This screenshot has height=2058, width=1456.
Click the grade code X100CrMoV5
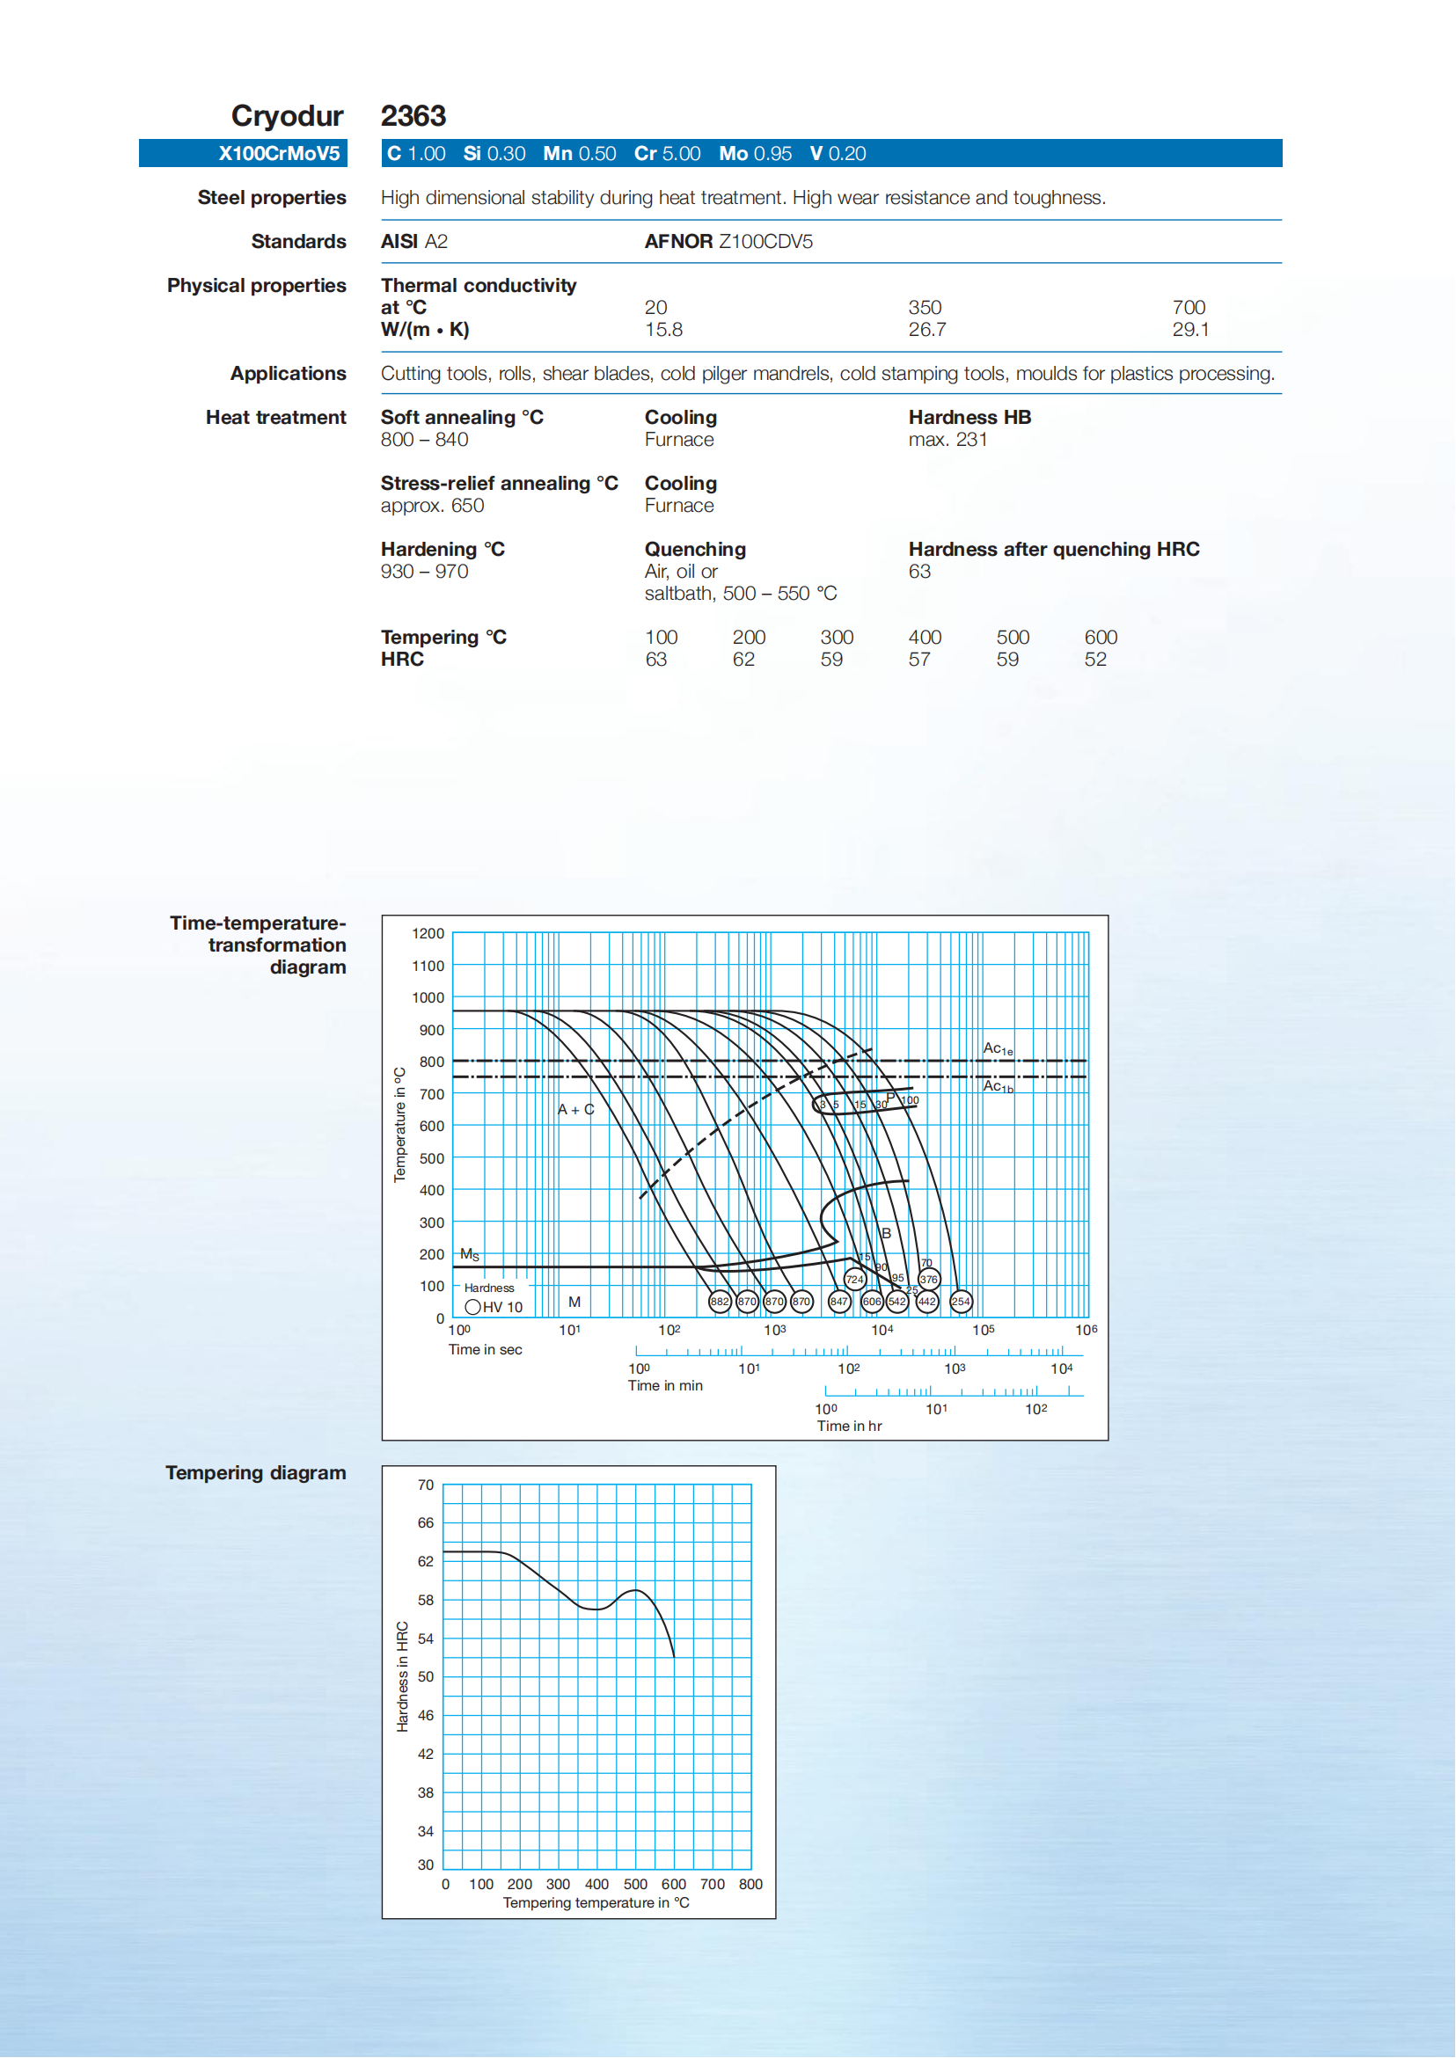[x=279, y=153]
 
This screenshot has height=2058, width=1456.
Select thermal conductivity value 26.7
[x=926, y=329]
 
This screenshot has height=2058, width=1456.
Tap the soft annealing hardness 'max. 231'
[x=947, y=439]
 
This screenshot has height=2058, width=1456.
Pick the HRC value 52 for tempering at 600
[x=1094, y=659]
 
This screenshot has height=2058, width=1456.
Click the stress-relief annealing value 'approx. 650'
[x=432, y=506]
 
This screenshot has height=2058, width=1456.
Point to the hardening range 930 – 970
[x=424, y=571]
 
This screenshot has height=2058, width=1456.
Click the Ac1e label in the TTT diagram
[x=998, y=1047]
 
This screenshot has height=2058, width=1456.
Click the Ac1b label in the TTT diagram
[x=998, y=1086]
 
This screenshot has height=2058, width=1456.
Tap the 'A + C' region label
[x=575, y=1109]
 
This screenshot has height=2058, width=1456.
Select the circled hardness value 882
[x=719, y=1301]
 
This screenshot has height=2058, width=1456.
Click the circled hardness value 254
[x=960, y=1301]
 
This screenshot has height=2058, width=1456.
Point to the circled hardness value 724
[x=854, y=1279]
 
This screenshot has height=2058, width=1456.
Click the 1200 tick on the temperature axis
[x=428, y=933]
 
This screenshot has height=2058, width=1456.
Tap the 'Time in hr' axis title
[x=849, y=1426]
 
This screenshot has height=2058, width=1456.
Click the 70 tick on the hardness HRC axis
[x=425, y=1485]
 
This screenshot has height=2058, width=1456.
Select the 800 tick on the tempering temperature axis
[x=750, y=1884]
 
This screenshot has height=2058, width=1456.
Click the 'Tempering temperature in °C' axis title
[x=596, y=1902]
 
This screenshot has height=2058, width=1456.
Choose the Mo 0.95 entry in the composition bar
[x=755, y=153]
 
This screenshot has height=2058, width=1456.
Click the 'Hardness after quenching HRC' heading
[x=1053, y=549]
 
